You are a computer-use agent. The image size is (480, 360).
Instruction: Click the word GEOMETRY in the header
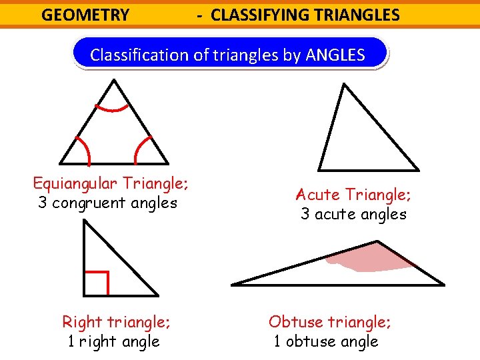click(x=85, y=15)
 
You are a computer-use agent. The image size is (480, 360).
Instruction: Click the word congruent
click(x=93, y=203)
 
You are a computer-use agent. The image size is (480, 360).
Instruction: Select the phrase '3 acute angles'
click(x=353, y=214)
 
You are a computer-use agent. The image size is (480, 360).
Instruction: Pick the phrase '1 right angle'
click(x=114, y=341)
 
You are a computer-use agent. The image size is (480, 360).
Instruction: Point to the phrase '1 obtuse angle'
click(x=326, y=341)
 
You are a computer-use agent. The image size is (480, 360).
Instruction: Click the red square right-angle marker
click(x=97, y=283)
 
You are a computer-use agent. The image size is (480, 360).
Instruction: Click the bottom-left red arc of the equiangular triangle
click(x=82, y=149)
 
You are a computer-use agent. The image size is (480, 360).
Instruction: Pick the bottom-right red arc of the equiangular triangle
click(x=143, y=149)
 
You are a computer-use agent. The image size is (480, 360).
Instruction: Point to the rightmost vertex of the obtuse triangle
click(x=443, y=284)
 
